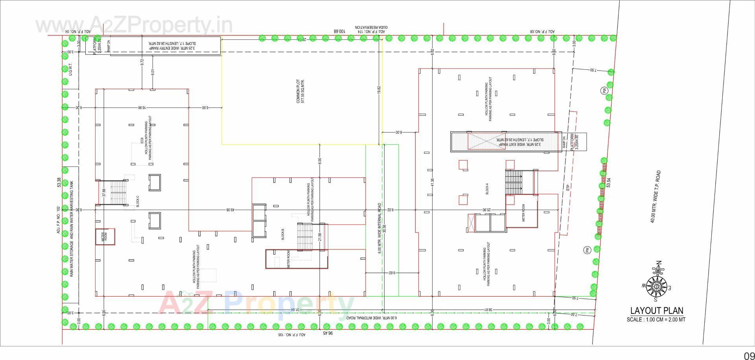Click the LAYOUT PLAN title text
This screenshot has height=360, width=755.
coord(656,311)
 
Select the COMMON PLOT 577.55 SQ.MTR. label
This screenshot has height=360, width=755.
coord(300,91)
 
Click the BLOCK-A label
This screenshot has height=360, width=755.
coord(487,190)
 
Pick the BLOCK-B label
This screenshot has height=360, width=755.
coord(283,234)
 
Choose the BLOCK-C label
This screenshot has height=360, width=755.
coord(137,201)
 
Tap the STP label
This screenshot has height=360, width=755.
coord(567,188)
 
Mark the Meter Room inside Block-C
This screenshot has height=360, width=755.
coord(105,237)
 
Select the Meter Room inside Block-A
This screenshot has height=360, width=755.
coord(523,212)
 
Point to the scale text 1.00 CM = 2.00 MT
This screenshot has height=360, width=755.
coord(656,319)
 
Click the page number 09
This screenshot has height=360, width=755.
coord(748,354)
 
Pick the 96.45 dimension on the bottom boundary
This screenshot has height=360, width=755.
coord(328,333)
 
